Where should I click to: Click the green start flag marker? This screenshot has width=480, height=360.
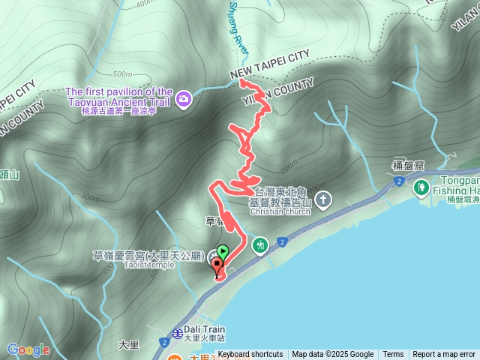pos(223,252)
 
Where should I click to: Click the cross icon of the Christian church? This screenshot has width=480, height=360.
pos(323,199)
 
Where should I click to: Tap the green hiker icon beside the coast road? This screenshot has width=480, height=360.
pos(260,244)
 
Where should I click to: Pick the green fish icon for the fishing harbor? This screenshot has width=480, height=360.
pos(421,185)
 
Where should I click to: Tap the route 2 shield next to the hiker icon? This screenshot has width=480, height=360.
pos(281,241)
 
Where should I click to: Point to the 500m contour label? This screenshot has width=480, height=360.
pos(121,74)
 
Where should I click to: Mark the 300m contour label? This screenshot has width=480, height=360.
pos(90,198)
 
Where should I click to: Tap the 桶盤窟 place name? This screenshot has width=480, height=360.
pos(409,166)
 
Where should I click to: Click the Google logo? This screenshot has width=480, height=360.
pos(28,349)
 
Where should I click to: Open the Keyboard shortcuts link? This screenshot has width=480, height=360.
pos(250,355)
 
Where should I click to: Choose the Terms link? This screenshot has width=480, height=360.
pos(393,355)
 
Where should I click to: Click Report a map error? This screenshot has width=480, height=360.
pos(444,355)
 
